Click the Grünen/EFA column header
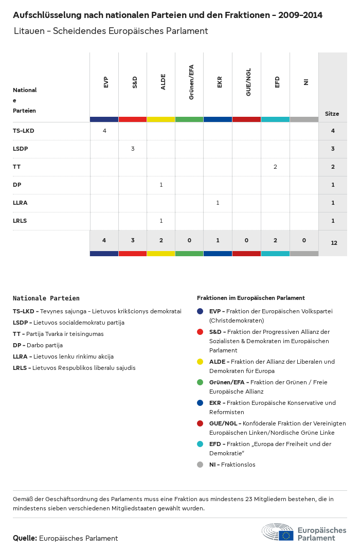point(191,82)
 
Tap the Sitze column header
point(332,114)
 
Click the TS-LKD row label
point(24,131)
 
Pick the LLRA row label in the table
point(20,203)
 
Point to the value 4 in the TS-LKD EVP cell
point(104,131)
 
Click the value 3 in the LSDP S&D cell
point(133,149)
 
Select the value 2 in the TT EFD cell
point(275,167)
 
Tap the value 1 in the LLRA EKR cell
point(218,203)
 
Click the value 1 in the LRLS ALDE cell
point(161,221)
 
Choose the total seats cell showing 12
point(334,242)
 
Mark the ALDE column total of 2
point(161,240)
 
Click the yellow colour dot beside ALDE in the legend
point(200,362)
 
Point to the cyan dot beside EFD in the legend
point(200,444)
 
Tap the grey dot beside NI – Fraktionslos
point(200,465)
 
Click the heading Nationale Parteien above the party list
point(46,298)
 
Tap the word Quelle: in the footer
point(25,538)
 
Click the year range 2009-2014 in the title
point(300,15)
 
